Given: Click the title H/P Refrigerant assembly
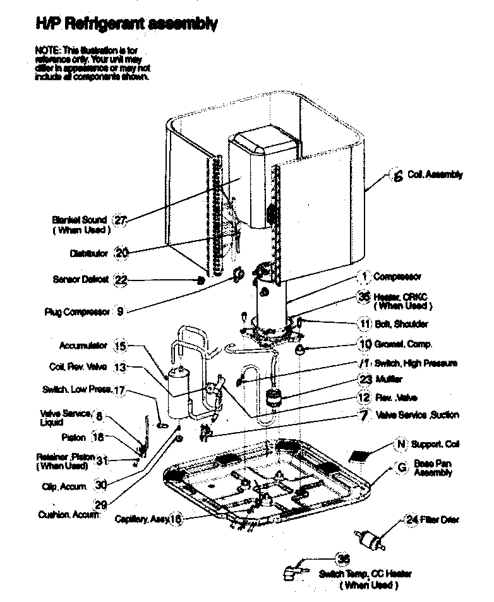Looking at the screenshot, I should [126, 25].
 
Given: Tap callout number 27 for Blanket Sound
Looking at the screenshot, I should [120, 220].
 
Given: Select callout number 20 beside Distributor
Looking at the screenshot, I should [121, 253].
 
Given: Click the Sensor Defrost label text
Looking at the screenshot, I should [81, 279].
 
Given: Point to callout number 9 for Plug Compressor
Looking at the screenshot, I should [120, 311].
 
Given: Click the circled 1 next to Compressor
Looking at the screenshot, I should [363, 276].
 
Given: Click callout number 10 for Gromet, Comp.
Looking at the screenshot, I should [364, 344].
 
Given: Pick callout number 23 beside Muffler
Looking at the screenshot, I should [364, 379].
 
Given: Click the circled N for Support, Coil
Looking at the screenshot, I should [400, 444].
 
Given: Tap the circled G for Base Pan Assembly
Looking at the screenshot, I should [400, 468].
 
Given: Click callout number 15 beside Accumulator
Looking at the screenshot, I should [120, 346].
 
